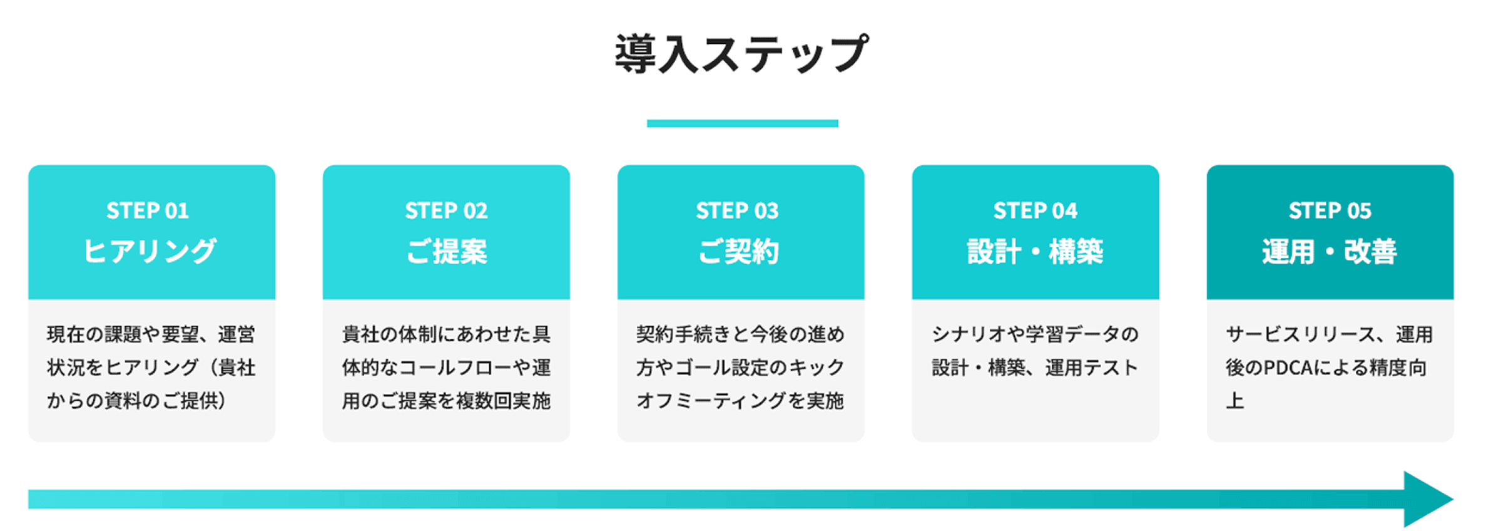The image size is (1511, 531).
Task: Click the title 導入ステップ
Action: point(742,54)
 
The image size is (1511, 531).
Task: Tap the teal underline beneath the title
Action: point(742,123)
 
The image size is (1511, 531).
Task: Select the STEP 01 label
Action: point(148,211)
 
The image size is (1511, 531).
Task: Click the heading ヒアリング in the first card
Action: point(150,251)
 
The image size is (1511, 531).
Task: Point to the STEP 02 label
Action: point(446,211)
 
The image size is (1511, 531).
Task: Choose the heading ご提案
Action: point(446,251)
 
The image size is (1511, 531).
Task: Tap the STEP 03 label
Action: point(737,211)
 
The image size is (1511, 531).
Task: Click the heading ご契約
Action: point(738,251)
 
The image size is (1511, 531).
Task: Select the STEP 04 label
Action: point(1035,211)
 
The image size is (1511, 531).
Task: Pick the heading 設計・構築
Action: point(1035,251)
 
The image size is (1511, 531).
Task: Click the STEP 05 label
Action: point(1330,211)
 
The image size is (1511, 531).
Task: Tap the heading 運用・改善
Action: point(1330,251)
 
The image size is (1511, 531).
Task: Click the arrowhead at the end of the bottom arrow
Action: point(1427,499)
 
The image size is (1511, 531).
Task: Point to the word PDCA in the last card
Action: point(1288,368)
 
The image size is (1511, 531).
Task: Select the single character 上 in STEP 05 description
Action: point(1235,401)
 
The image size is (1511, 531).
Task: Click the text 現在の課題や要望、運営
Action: point(151,334)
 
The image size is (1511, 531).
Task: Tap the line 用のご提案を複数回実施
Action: point(446,401)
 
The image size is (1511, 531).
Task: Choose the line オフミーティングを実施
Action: point(740,401)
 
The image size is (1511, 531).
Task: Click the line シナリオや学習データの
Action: point(1035,334)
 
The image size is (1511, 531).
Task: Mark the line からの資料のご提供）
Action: point(136,401)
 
